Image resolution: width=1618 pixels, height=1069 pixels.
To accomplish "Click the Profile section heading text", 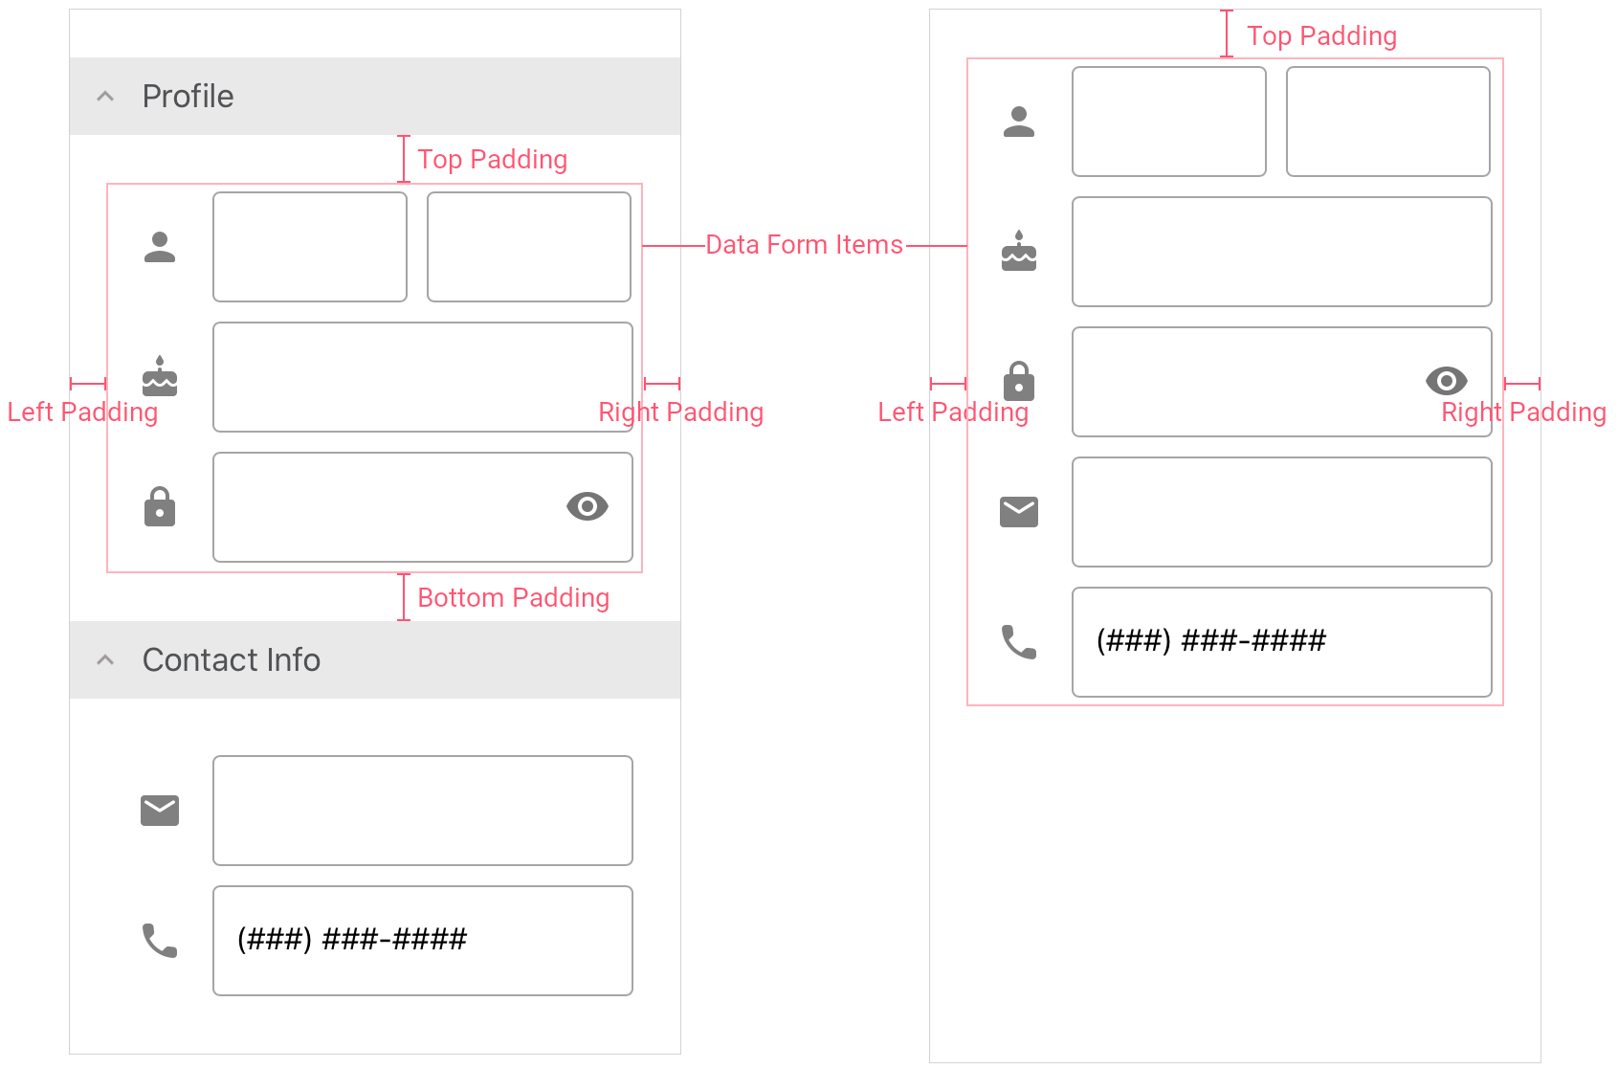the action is coord(188,96).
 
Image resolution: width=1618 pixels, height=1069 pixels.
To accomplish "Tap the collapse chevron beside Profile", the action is coord(105,96).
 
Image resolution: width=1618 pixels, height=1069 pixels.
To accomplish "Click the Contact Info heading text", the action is coord(232,659).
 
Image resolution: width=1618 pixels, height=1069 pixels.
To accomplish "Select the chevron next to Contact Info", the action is coord(105,659).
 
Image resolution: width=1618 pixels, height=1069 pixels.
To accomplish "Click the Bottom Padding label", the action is coord(514,598).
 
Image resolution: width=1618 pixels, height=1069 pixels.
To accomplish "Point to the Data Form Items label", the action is coord(804,245).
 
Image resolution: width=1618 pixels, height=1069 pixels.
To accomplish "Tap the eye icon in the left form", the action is coord(587,506).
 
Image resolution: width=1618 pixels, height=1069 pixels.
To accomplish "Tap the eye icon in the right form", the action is coord(1446,381).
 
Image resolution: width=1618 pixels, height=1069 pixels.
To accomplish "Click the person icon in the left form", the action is coord(160,247).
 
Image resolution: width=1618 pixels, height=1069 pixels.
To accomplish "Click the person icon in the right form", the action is coord(1019,122).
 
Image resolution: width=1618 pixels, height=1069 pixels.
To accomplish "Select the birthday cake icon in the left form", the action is coord(160,376).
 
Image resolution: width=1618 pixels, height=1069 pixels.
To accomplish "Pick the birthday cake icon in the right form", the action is coord(1019,251).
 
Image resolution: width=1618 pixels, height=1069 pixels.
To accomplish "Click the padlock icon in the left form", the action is coord(160,506).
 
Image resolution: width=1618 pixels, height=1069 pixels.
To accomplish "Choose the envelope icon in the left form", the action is coord(160,811).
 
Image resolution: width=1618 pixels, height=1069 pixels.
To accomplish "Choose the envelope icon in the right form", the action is coord(1019,511).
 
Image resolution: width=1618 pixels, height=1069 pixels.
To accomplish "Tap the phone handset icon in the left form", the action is coord(160,941).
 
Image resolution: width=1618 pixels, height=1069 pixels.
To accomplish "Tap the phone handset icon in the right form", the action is coord(1019,642).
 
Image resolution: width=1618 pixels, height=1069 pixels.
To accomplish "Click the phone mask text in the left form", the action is coord(352,940).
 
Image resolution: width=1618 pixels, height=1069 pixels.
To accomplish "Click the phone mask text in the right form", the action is coord(1211,640).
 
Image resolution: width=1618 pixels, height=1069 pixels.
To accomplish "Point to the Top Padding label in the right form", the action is coord(1321,36).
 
